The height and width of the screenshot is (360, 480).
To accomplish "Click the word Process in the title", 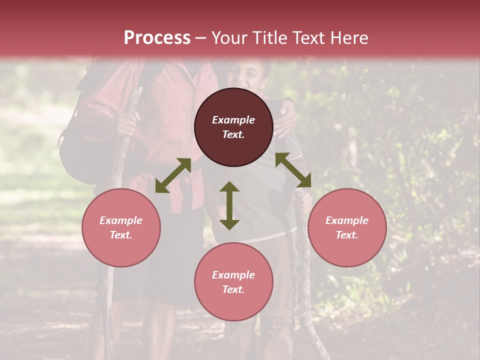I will pyautogui.click(x=157, y=38).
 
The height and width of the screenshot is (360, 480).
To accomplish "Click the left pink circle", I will pyautogui.click(x=121, y=227).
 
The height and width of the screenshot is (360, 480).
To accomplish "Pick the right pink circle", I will pyautogui.click(x=347, y=227).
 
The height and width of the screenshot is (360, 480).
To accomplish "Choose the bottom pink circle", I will pyautogui.click(x=233, y=282).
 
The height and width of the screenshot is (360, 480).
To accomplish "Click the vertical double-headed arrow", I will pyautogui.click(x=229, y=205).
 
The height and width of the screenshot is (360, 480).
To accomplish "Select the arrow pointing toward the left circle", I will pyautogui.click(x=173, y=175).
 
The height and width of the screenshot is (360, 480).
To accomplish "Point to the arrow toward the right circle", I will pyautogui.click(x=293, y=170).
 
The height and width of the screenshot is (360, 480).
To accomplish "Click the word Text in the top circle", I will pyautogui.click(x=233, y=134).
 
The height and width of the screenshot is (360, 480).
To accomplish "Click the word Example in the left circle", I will pyautogui.click(x=121, y=220).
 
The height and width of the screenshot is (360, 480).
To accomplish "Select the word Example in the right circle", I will pyautogui.click(x=347, y=220).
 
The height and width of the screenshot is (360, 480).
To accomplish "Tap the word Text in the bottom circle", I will pyautogui.click(x=233, y=289).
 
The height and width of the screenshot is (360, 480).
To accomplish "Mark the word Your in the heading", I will pyautogui.click(x=227, y=38).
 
